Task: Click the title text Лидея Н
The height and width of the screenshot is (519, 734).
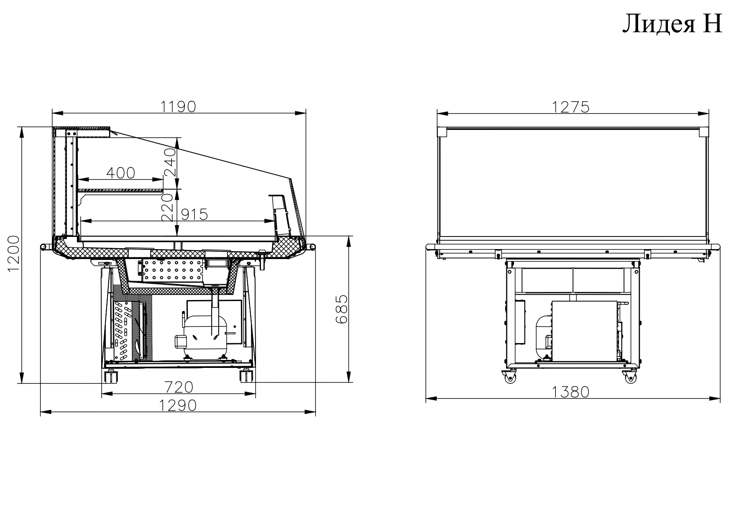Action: (672, 24)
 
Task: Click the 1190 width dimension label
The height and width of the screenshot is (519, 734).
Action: (179, 107)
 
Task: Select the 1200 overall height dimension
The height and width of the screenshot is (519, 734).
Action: (14, 253)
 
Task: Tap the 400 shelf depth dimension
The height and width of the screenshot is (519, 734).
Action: (121, 173)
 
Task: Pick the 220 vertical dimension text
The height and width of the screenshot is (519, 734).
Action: (167, 207)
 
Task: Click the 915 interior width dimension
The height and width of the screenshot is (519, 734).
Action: (194, 215)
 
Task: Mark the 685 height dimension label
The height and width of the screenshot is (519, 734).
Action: (341, 309)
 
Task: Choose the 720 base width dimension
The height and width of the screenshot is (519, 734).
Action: (179, 387)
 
